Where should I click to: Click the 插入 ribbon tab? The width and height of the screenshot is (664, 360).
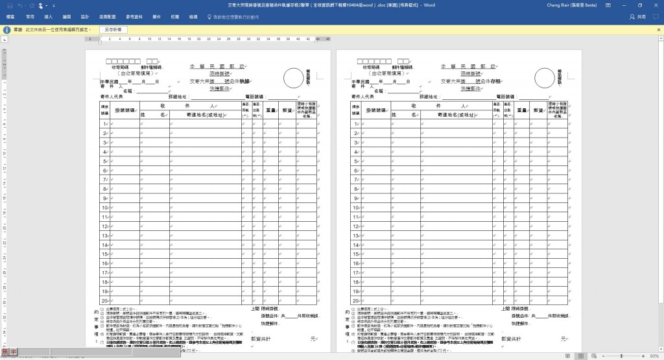[x=48, y=16]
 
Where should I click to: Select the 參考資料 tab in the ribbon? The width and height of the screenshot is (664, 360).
[x=136, y=16]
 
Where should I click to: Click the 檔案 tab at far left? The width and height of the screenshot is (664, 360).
[x=11, y=16]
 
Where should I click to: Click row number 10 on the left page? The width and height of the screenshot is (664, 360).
[x=104, y=208]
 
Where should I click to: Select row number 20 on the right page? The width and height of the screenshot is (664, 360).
[x=356, y=301]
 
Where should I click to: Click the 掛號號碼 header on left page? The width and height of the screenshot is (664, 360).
[x=124, y=110]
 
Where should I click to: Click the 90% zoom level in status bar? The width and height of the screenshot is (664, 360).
[x=654, y=356]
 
